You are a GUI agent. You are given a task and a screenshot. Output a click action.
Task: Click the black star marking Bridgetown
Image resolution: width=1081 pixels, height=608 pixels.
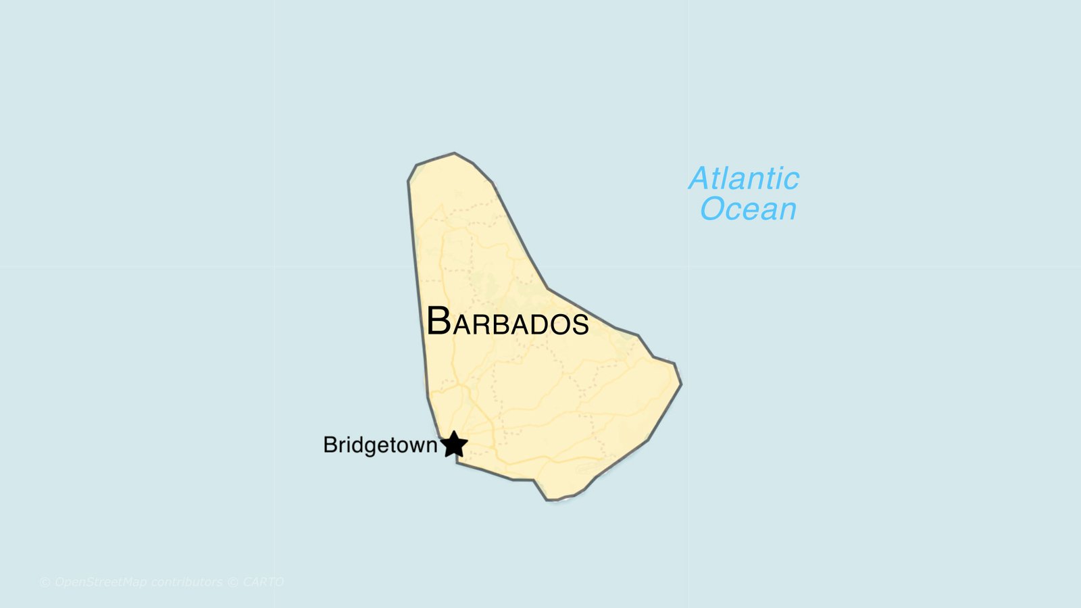[x=454, y=445]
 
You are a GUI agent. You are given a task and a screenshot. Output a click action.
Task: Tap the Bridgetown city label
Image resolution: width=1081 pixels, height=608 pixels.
[x=380, y=445]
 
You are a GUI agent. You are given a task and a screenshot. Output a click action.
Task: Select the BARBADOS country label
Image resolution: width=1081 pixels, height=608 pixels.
[x=507, y=322]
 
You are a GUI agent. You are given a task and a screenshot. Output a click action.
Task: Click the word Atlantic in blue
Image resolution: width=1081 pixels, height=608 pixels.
[x=744, y=179]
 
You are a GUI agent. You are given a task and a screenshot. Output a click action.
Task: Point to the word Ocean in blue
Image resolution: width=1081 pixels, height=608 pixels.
[x=748, y=209]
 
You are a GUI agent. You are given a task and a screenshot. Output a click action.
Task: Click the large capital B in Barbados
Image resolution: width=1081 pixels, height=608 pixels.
[x=438, y=321]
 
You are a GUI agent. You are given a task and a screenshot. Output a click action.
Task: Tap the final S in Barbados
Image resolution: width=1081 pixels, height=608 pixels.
[x=580, y=325]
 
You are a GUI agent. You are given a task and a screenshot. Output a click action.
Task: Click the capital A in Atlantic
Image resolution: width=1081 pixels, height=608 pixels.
[x=701, y=179]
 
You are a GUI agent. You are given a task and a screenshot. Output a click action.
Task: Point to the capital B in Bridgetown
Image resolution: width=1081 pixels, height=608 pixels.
[x=330, y=445]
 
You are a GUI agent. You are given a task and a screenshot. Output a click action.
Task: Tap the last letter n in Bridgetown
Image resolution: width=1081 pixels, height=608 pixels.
[x=432, y=447]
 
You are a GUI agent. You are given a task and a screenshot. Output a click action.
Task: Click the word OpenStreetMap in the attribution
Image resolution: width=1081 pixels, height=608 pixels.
[x=100, y=582]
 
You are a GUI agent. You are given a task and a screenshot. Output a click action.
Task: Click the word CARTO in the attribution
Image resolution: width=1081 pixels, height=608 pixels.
[x=263, y=582]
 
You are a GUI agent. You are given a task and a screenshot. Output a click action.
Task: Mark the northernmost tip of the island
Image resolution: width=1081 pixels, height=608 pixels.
[x=454, y=153]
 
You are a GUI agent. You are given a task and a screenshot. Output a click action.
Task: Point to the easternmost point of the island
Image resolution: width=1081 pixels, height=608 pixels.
[x=681, y=384]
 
